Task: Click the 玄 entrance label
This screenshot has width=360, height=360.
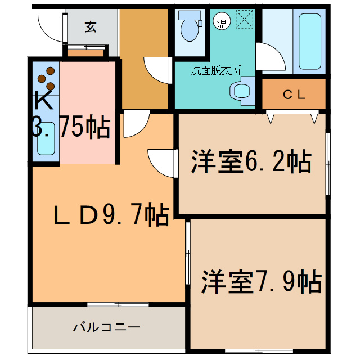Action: [x=90, y=26]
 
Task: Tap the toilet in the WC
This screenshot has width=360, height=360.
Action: [x=189, y=25]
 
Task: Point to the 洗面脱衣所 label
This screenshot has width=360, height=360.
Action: [x=215, y=71]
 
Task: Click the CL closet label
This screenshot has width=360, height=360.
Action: [x=294, y=94]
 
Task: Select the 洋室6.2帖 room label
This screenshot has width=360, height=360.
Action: [x=250, y=163]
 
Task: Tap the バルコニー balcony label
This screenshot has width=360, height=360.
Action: [x=106, y=327]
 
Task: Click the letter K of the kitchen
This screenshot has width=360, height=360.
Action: [x=43, y=101]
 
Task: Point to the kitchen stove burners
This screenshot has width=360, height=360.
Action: [x=47, y=78]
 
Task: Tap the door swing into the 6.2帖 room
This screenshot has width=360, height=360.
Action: [x=160, y=164]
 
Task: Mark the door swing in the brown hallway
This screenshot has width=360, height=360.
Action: [x=157, y=70]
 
